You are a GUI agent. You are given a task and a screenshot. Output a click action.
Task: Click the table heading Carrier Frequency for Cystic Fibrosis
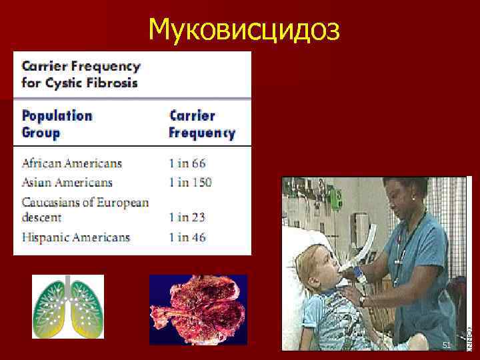[x=81, y=75]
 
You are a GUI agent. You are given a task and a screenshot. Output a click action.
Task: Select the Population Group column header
[x=57, y=123]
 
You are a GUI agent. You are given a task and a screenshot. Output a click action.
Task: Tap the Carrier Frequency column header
[x=201, y=123]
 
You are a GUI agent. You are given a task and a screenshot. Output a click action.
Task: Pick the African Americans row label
[x=71, y=163]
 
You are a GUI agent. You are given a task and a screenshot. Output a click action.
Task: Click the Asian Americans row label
[x=67, y=183]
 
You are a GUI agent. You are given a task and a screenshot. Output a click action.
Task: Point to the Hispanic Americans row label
[x=75, y=237]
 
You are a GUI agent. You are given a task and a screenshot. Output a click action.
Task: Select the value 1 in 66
[x=187, y=163]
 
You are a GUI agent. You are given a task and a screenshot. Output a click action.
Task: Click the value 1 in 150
[x=191, y=183]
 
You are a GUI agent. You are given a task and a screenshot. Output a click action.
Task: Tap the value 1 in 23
[x=187, y=217]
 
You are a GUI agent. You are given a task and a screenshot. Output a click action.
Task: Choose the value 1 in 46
[x=187, y=237]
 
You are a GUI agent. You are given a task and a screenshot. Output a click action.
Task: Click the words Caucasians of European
[x=85, y=202]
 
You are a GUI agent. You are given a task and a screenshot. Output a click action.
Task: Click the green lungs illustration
[x=68, y=307]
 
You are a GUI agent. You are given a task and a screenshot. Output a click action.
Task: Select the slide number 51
[x=446, y=344]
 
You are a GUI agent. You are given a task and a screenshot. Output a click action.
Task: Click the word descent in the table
[x=41, y=217]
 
